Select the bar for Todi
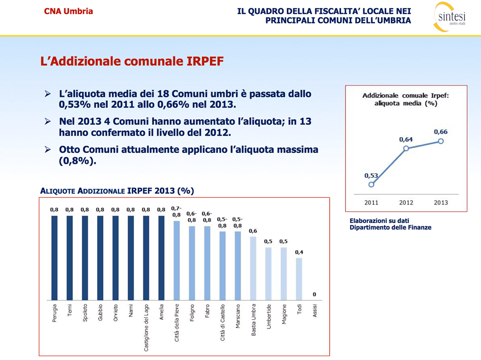299,278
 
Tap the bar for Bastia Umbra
253,267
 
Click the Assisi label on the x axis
315,311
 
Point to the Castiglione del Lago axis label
146,327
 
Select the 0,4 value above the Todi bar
299,252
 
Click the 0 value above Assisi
314,294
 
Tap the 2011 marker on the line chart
371,184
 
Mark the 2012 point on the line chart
406,149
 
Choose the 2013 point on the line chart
441,141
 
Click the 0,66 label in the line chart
440,132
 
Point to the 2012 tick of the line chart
406,202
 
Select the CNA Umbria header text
68,11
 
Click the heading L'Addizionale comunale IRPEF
131,62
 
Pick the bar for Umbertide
269,273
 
